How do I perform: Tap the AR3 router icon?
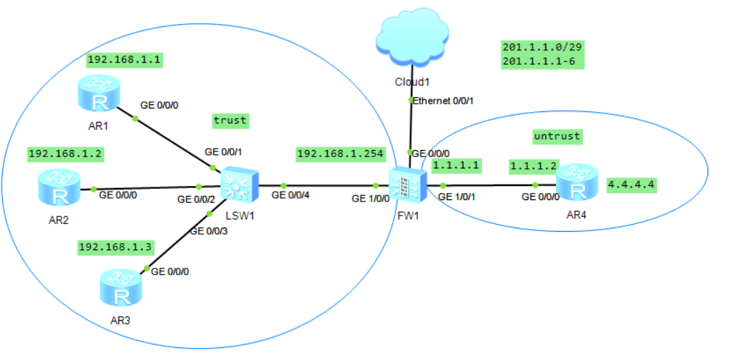click(x=121, y=288)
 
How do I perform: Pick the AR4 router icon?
click(x=577, y=183)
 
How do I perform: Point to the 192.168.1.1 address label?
click(x=125, y=60)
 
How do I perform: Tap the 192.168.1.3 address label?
click(x=116, y=247)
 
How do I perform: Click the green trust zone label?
click(x=230, y=120)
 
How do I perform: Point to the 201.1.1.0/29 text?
click(x=543, y=47)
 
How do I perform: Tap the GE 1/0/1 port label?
click(x=456, y=197)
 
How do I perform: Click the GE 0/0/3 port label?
click(x=209, y=231)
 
